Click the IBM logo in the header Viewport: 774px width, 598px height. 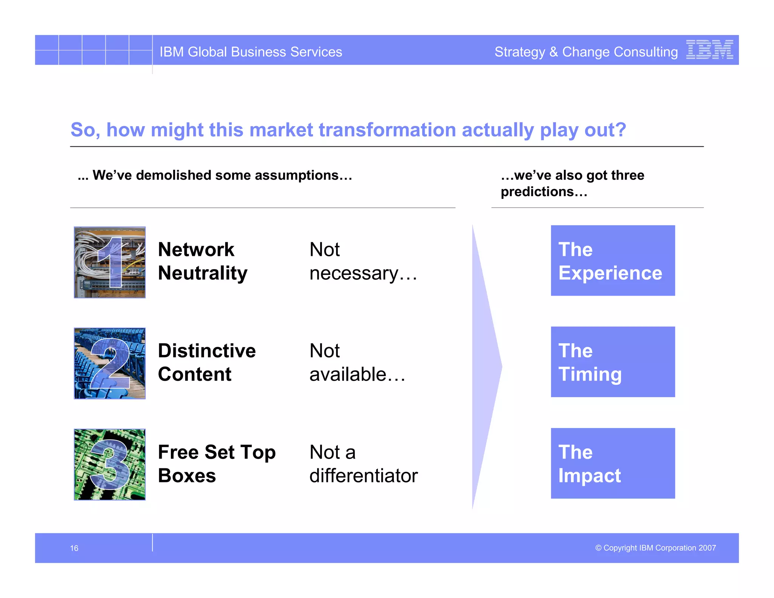point(709,50)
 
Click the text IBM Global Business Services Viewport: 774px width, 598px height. point(251,52)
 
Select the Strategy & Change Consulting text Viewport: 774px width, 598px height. point(586,52)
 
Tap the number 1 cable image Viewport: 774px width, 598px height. point(110,262)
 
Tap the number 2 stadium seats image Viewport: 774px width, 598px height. point(110,363)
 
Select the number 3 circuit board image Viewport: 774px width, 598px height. point(110,464)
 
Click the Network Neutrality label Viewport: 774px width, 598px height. point(203,261)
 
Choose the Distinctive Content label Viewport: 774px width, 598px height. point(206,362)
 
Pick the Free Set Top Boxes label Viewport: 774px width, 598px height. point(216,463)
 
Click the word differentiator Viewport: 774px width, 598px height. point(363,476)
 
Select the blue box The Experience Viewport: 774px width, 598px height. point(613,260)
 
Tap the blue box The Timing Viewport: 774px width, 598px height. point(613,362)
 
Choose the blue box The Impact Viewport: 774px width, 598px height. point(613,463)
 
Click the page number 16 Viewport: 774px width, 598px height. point(74,548)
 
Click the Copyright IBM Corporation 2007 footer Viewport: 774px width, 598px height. point(655,548)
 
